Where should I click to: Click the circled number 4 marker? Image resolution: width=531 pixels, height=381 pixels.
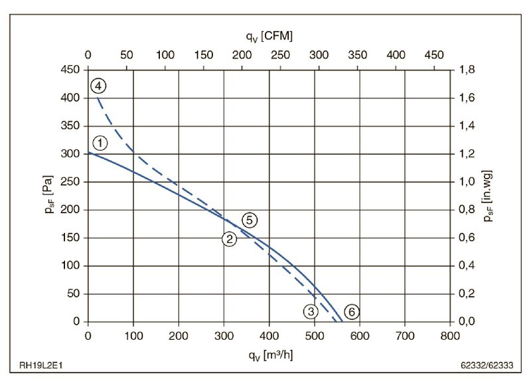coord(98,86)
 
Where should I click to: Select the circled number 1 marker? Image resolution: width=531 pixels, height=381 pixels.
coord(100,143)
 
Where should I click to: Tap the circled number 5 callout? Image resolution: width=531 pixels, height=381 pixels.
coord(249,220)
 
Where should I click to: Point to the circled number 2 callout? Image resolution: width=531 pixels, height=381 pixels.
coord(229,240)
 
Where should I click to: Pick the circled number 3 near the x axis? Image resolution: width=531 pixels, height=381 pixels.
coord(311,311)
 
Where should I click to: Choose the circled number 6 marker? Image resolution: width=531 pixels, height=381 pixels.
coord(352,311)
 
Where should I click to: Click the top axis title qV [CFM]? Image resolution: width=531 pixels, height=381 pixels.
coord(269,35)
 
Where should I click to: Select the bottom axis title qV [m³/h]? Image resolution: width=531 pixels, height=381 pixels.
coord(269,355)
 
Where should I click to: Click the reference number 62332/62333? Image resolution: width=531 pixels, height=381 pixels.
coord(491,366)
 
